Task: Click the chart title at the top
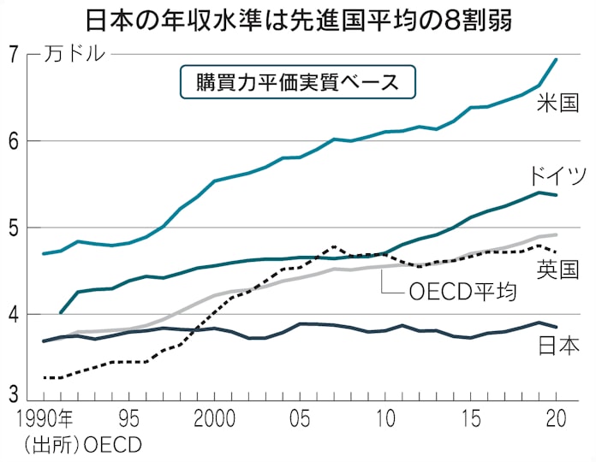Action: click(298, 19)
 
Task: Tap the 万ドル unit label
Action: click(75, 56)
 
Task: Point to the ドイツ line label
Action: click(558, 177)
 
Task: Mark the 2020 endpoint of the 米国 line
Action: click(557, 59)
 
